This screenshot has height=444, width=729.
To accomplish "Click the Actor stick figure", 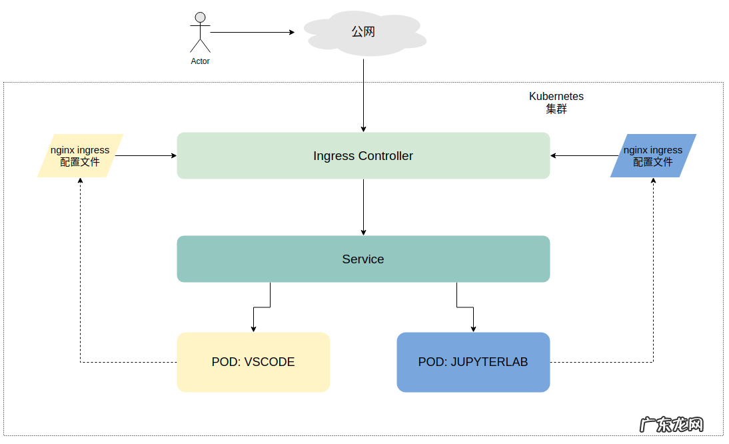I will (200, 34).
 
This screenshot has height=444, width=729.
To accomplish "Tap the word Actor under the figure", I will (200, 61).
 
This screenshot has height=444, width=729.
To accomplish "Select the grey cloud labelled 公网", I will (364, 33).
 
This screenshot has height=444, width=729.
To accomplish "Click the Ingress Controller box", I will (363, 156).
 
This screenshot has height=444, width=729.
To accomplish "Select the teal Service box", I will (363, 259).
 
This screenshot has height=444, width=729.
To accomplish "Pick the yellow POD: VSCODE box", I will (253, 362).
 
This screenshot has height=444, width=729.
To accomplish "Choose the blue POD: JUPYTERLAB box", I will (473, 362).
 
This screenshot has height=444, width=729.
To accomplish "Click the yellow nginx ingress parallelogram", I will (80, 156).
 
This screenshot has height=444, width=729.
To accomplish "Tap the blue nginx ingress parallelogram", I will (653, 156).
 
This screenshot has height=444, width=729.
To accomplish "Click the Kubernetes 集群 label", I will (556, 103).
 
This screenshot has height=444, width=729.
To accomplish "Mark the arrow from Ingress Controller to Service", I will (364, 207).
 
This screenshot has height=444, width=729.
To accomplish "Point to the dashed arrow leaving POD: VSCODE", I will (81, 280).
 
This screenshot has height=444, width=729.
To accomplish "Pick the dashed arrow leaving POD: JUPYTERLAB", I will (653, 280).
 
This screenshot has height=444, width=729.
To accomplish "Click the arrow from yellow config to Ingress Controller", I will (147, 156).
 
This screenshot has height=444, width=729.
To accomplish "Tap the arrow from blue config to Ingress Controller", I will (584, 156).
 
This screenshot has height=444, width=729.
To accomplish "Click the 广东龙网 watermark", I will (671, 425).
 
